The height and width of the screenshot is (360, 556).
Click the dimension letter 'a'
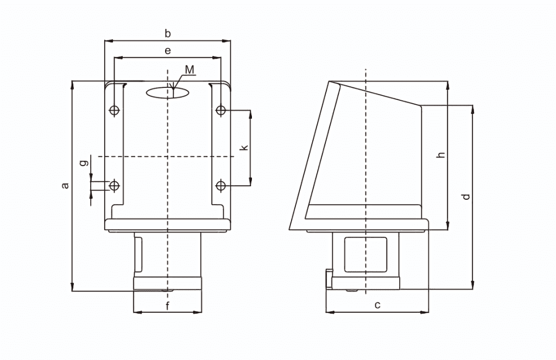tap(65, 185)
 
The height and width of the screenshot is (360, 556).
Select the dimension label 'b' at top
tap(168, 33)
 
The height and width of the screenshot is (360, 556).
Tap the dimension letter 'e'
tap(168, 50)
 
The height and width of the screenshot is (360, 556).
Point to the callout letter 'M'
tap(190, 70)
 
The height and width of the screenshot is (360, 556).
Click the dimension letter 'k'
tap(244, 147)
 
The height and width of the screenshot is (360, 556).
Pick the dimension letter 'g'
tap(84, 163)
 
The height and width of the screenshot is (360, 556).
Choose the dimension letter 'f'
tap(168, 305)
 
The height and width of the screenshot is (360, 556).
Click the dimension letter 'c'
tap(378, 305)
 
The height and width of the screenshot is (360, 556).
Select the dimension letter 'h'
tap(441, 155)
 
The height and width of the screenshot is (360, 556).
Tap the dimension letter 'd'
tap(466, 196)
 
